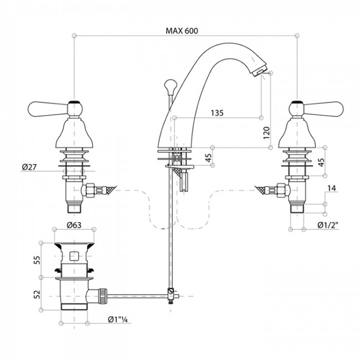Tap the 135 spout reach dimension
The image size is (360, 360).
click(217, 112)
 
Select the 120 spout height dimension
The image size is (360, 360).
click(266, 132)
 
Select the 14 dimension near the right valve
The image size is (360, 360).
click(331, 189)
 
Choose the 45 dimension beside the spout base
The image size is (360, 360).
click(208, 158)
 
